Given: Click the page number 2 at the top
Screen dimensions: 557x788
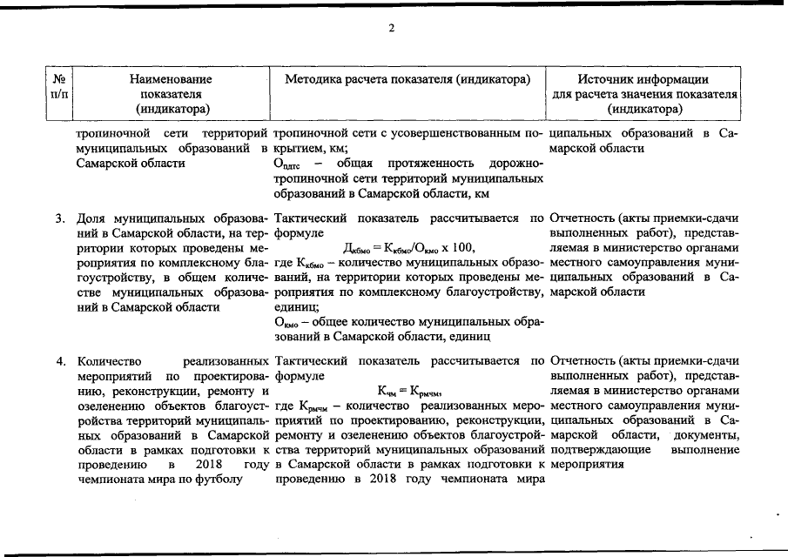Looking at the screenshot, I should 392,28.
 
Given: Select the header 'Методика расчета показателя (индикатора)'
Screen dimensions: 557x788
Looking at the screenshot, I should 407,79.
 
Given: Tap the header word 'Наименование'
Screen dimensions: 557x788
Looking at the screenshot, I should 171,79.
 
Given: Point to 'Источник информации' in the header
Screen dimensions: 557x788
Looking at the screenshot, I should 644,79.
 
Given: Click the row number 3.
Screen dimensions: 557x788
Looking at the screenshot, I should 60,218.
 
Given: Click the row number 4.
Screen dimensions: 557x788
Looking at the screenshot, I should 60,359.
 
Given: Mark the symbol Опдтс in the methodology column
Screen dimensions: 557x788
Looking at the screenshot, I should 286,164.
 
